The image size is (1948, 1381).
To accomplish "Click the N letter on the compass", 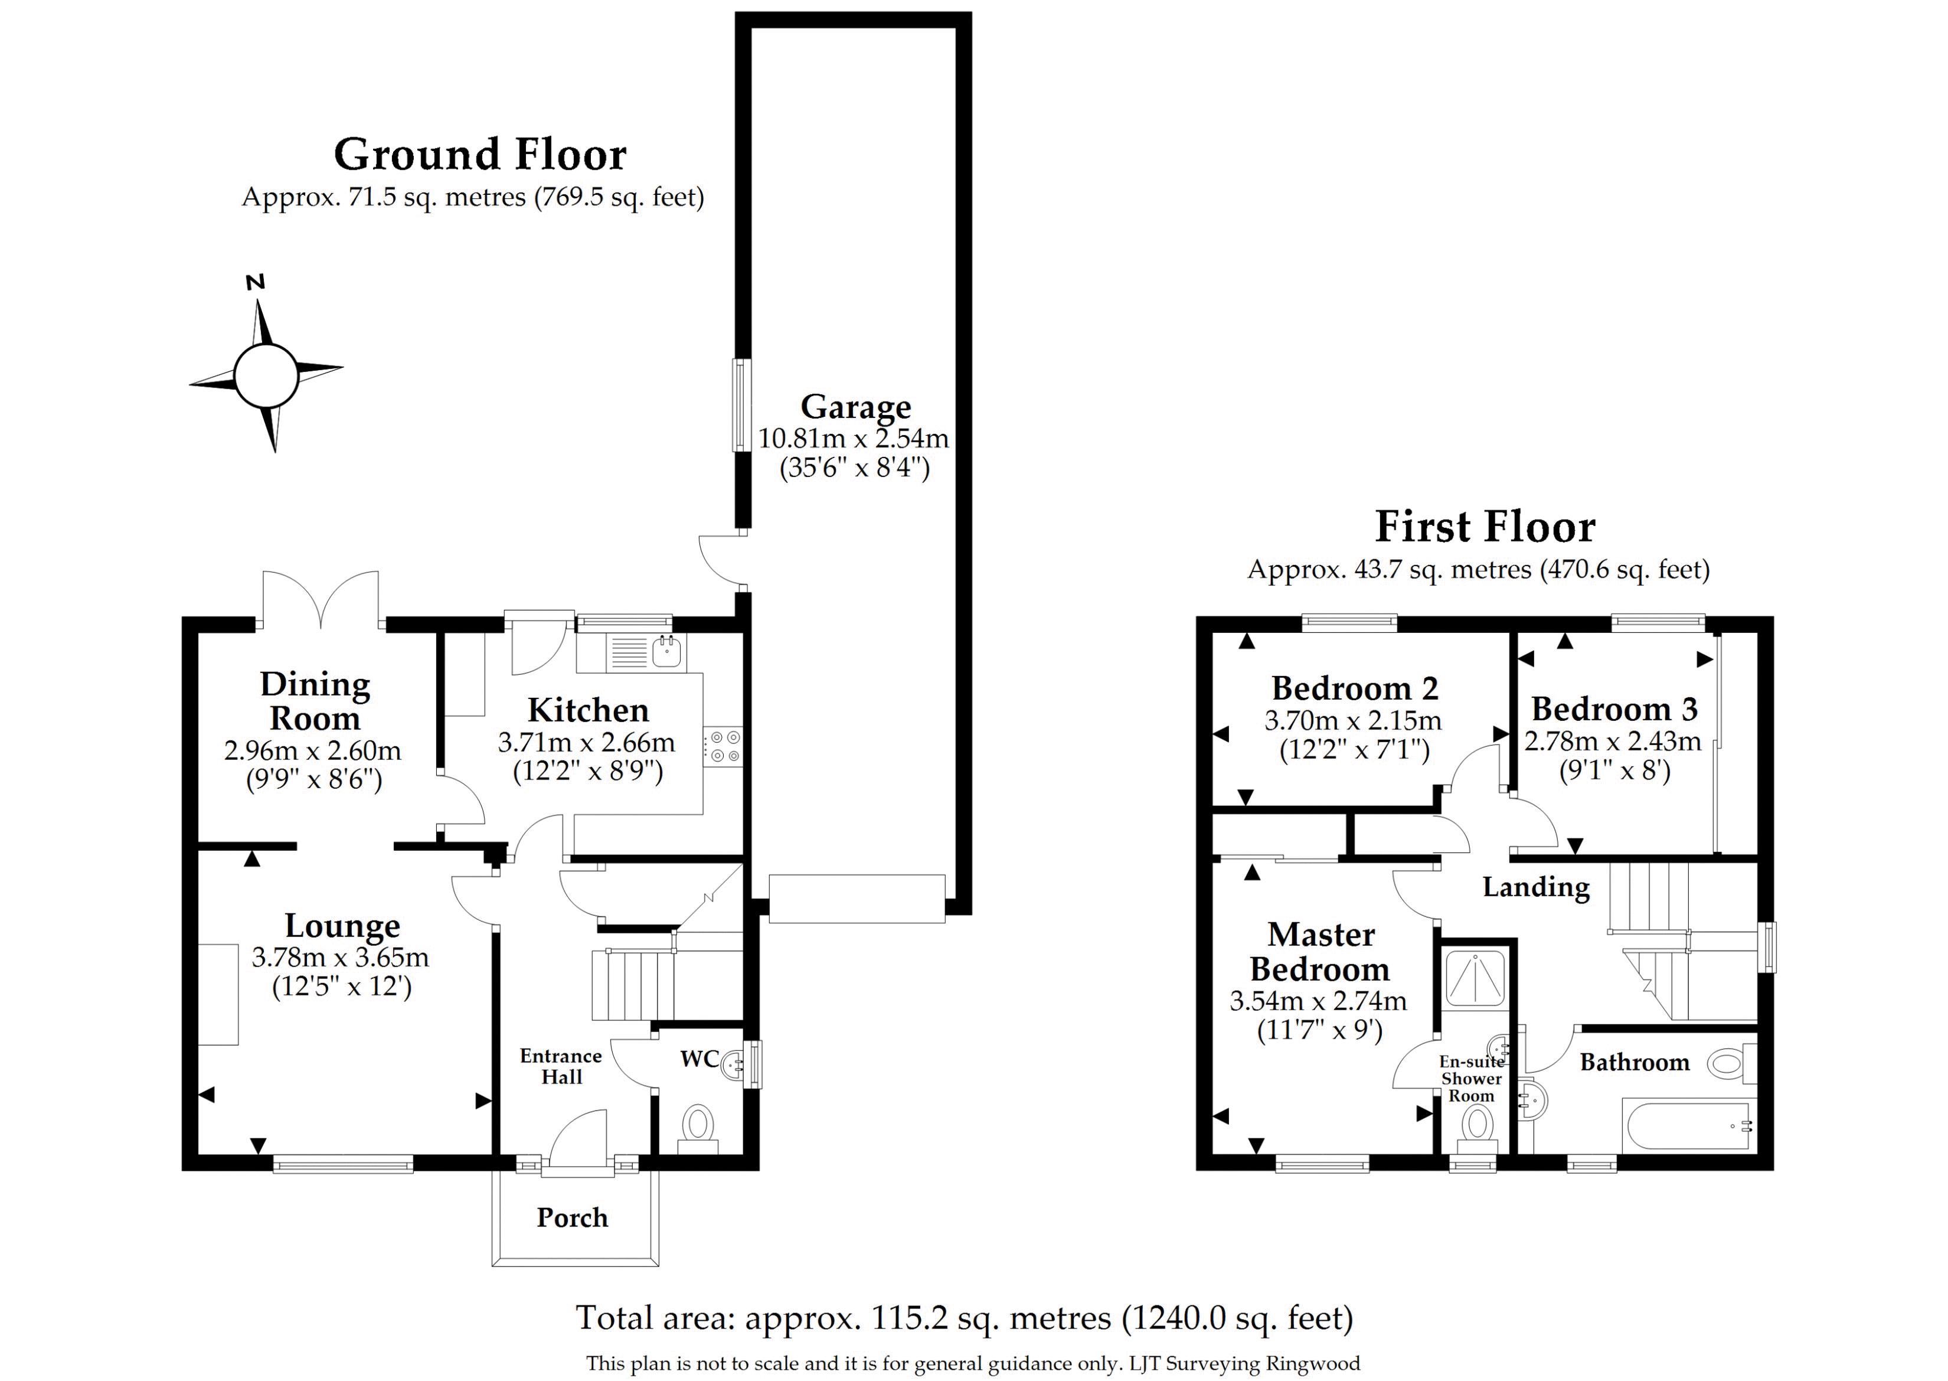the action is tap(255, 282).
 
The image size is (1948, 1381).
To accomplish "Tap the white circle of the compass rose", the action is tap(266, 375).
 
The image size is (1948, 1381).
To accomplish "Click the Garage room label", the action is tap(855, 408).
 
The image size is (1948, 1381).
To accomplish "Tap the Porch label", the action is tap(572, 1217).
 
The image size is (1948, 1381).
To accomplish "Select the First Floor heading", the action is tap(1485, 527).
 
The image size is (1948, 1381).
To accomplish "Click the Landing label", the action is tap(1535, 888).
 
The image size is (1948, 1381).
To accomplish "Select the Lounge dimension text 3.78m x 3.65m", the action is tap(340, 958).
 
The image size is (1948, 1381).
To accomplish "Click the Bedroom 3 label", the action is tap(1614, 709).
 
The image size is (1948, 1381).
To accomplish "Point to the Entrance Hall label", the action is tap(561, 1066).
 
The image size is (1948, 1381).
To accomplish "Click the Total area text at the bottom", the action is tap(964, 1318).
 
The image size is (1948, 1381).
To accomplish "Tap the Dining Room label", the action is tap(315, 701).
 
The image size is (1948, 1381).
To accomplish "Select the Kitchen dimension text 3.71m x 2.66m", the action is tap(587, 742).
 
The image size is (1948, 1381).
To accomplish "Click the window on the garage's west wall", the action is tap(742, 405).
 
